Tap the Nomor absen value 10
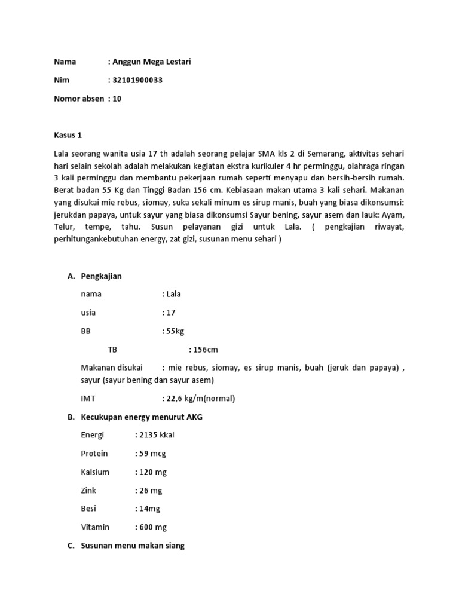(117, 99)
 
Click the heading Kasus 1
(68, 136)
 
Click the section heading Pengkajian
(102, 276)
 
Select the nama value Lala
(173, 294)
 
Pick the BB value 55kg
(175, 331)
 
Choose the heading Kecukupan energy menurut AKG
(142, 417)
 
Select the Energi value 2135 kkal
(157, 435)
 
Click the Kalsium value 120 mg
(153, 472)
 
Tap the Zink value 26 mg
(151, 491)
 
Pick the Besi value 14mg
(150, 509)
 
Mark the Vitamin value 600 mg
(153, 527)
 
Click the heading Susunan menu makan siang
(133, 546)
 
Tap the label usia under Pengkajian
(88, 312)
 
